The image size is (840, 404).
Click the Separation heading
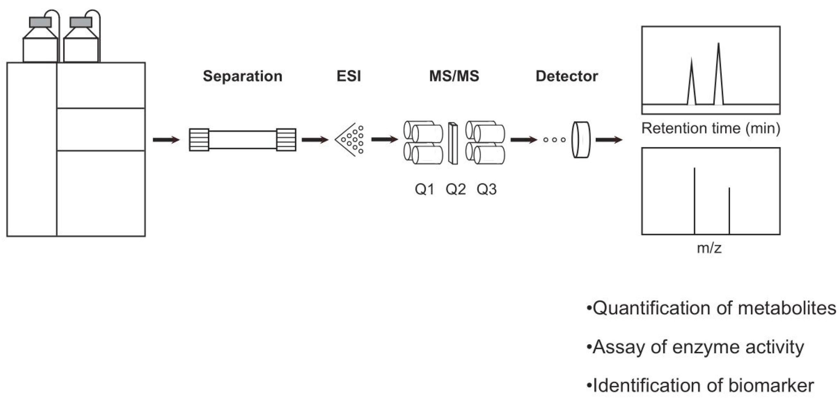(x=242, y=76)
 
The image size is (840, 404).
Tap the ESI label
(x=348, y=76)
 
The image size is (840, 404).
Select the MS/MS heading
(x=454, y=76)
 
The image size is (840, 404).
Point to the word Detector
(x=567, y=76)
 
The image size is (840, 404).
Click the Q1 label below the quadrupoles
(x=424, y=189)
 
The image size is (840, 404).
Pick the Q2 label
(x=456, y=189)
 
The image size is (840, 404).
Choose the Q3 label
(x=486, y=189)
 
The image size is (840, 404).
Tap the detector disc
(x=581, y=140)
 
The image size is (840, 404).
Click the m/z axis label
(x=709, y=248)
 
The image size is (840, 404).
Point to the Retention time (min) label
(x=710, y=128)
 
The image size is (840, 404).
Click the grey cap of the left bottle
(x=40, y=22)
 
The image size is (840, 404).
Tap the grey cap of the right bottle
(x=81, y=22)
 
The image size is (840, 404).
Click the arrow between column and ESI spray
(x=315, y=140)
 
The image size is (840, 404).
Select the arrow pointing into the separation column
(x=166, y=140)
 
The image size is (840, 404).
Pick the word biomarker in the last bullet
(x=771, y=386)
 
